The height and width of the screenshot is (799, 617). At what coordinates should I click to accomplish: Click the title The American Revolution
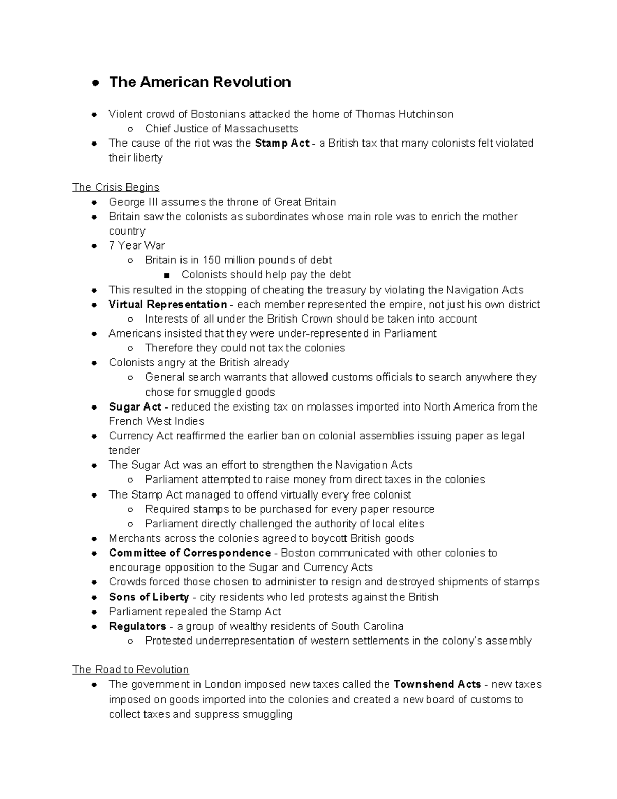(199, 82)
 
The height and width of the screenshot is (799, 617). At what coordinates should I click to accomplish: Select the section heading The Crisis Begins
(116, 187)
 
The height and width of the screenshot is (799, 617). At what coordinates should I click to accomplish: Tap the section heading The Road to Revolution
(131, 669)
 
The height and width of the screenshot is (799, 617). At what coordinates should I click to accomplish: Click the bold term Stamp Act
(282, 143)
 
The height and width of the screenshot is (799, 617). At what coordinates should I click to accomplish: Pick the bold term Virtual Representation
(168, 304)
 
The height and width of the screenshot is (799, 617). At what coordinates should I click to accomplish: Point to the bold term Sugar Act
(135, 406)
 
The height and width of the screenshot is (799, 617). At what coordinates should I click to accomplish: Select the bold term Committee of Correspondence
(190, 553)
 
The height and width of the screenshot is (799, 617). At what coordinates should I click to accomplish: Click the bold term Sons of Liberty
(149, 597)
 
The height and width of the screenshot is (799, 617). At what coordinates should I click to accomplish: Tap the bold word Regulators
(137, 626)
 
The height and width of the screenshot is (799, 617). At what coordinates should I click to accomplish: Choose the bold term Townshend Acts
(437, 684)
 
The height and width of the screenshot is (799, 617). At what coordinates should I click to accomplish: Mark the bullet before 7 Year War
(94, 246)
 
